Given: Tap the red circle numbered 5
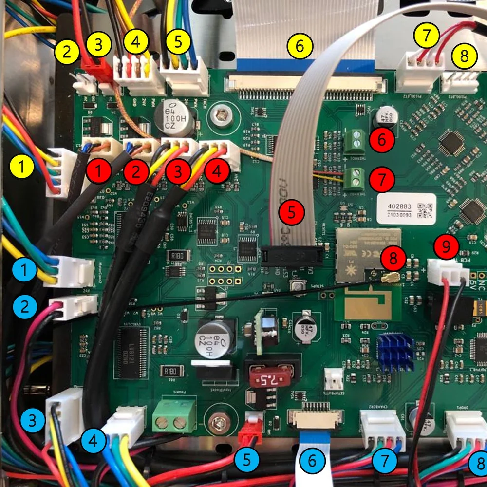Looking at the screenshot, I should [x=291, y=212].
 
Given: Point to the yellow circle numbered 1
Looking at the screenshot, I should [x=22, y=169].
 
